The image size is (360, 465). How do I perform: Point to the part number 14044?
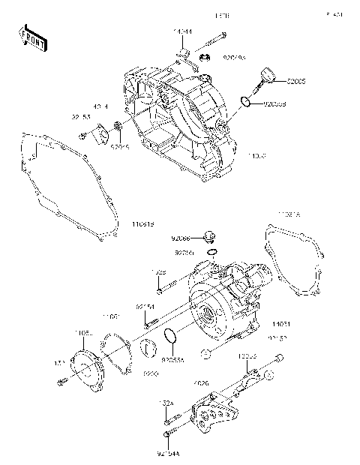coord(182,31)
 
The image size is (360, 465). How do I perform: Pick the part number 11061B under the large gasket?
coord(142,223)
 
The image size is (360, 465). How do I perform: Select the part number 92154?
coord(145,307)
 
